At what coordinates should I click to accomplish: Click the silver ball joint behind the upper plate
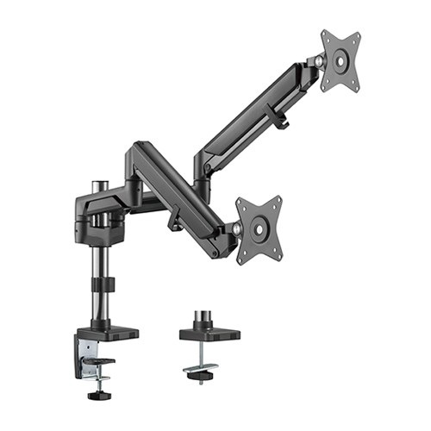(320, 61)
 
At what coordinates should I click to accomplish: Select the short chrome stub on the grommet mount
(206, 318)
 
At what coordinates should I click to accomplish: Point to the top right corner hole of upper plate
(354, 37)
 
